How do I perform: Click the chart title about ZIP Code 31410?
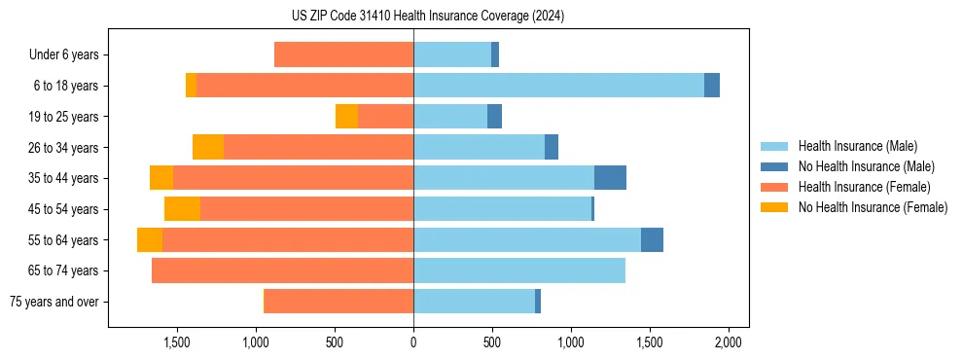[428, 16]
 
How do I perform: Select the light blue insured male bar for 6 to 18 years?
[558, 86]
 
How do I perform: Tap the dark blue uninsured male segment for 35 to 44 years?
[610, 178]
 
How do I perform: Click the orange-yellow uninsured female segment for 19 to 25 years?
[346, 117]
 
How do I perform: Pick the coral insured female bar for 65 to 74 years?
[282, 270]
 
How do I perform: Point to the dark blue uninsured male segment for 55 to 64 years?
[652, 240]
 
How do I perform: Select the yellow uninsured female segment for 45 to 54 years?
[182, 209]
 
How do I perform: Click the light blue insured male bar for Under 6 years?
[452, 55]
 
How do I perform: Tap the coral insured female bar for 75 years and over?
[339, 302]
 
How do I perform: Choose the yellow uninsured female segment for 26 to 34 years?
[208, 148]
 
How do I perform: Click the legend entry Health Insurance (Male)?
[857, 146]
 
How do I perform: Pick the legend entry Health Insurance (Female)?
[863, 187]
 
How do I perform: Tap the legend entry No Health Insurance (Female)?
[872, 207]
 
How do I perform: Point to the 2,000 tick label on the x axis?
[729, 342]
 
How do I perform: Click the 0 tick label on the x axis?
[413, 342]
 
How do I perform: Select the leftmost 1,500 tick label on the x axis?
[176, 342]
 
